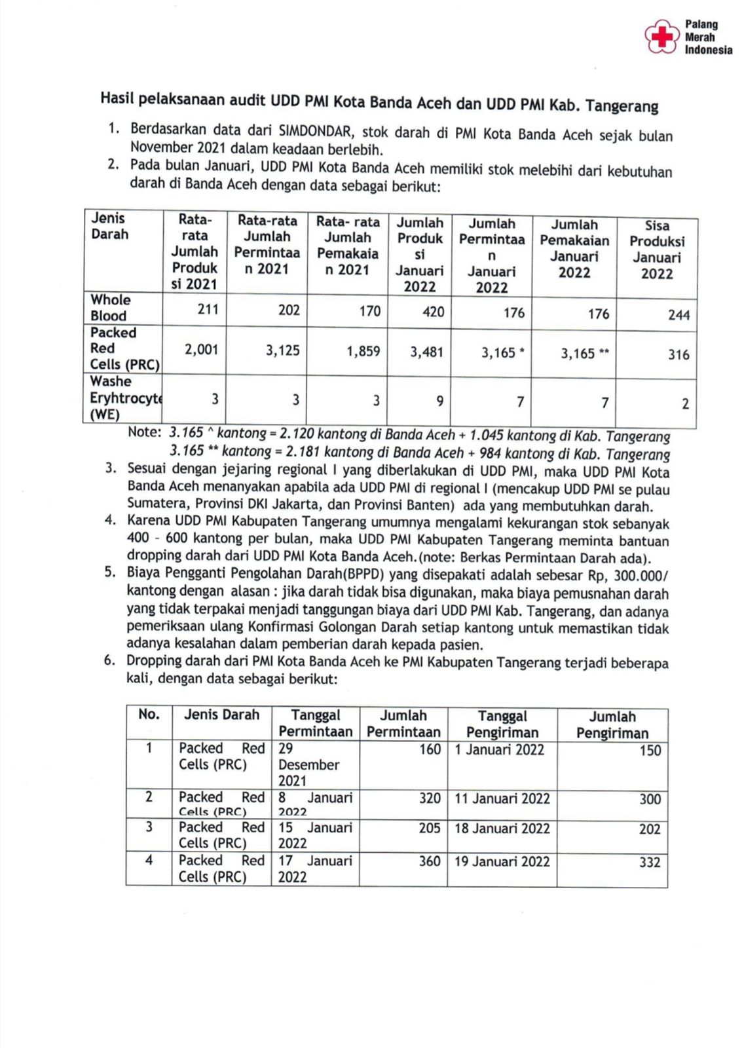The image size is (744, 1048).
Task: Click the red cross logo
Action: (x=661, y=37)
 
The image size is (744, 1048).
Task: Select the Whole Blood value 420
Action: (x=433, y=311)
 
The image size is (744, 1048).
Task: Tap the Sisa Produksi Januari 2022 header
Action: (x=656, y=250)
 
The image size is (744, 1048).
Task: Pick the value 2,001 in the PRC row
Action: (x=201, y=350)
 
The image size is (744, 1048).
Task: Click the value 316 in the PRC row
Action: (x=679, y=354)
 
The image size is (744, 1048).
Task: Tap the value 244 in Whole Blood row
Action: (x=679, y=315)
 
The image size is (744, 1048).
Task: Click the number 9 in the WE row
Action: (x=440, y=400)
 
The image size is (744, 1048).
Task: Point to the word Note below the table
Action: (x=144, y=432)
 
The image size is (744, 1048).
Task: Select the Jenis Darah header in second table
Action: (x=221, y=715)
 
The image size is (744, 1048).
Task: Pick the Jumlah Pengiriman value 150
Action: (x=650, y=751)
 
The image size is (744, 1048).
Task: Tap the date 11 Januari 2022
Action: (x=502, y=798)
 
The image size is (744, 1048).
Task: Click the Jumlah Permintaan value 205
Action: (x=429, y=828)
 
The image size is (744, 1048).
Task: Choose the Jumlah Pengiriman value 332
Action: (x=649, y=863)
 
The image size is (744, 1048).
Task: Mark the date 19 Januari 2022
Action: (x=502, y=861)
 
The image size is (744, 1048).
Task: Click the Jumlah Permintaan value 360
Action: (x=429, y=861)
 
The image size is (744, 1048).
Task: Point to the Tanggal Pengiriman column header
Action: (x=502, y=724)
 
